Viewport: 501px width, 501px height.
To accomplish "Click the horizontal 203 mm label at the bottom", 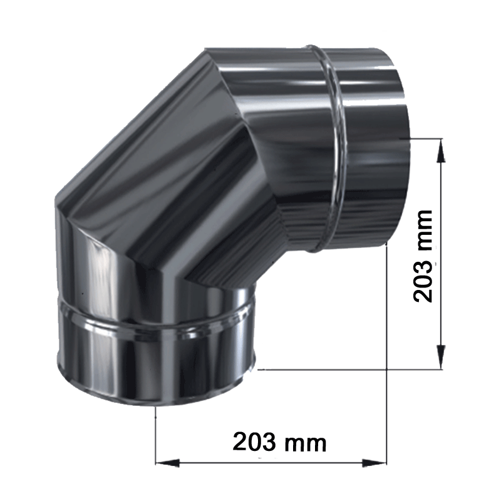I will [x=279, y=442].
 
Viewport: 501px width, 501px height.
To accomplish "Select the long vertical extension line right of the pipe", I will [x=388, y=351].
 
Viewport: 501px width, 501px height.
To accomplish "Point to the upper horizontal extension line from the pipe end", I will [x=426, y=137].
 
